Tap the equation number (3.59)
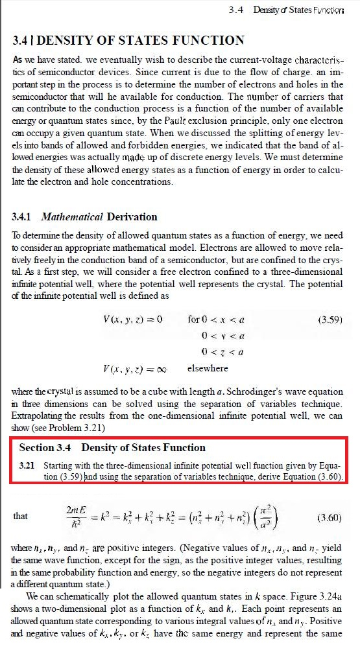[330, 320]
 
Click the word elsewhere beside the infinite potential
[207, 368]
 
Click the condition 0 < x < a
[216, 320]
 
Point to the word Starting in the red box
[59, 465]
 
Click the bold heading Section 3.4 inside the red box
[45, 448]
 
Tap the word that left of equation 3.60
[20, 517]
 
